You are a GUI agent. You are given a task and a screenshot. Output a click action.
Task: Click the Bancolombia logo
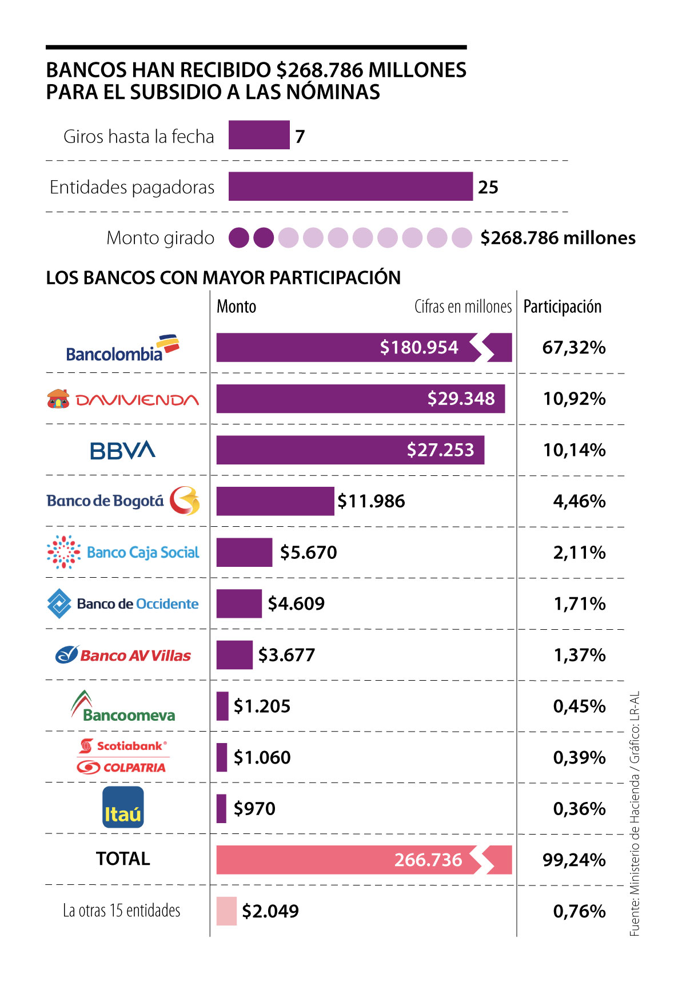click(122, 348)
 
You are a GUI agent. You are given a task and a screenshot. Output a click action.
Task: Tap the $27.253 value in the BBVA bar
click(440, 450)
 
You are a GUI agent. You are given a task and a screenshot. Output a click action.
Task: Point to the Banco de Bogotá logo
click(123, 501)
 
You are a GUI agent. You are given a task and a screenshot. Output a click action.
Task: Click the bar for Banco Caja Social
click(244, 553)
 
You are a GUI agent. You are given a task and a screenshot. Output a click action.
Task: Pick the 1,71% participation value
click(579, 604)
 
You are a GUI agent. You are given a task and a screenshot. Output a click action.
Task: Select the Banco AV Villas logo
click(123, 655)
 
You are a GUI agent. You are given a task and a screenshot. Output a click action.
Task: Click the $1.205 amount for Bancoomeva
click(262, 706)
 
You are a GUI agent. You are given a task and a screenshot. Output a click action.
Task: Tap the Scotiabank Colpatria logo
click(122, 756)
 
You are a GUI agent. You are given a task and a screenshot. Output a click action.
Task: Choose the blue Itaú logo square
click(123, 807)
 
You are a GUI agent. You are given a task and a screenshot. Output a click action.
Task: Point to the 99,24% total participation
click(574, 860)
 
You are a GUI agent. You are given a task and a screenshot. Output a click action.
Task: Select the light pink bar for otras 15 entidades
click(226, 911)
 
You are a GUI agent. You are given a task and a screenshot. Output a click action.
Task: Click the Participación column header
click(563, 307)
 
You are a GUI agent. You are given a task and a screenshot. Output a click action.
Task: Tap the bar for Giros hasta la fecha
click(259, 135)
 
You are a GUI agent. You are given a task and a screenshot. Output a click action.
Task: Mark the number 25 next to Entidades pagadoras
click(488, 187)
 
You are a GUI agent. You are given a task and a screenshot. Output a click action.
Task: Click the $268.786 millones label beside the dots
click(557, 238)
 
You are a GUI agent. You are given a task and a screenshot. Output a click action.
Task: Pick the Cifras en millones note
click(462, 307)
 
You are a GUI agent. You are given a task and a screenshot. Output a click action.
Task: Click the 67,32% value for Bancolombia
click(574, 348)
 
